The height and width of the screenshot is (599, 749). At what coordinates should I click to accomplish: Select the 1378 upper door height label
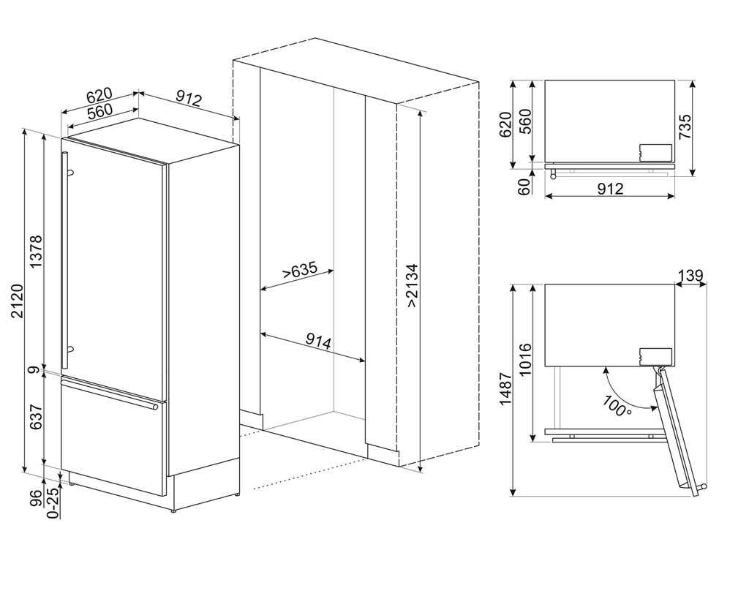tap(36, 252)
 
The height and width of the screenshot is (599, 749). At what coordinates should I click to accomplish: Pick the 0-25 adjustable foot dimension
tap(52, 503)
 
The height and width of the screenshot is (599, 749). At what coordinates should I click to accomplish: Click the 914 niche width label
tap(318, 341)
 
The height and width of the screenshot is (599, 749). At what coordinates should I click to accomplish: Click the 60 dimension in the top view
tap(524, 187)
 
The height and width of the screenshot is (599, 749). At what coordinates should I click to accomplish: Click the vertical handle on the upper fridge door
tap(64, 260)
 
